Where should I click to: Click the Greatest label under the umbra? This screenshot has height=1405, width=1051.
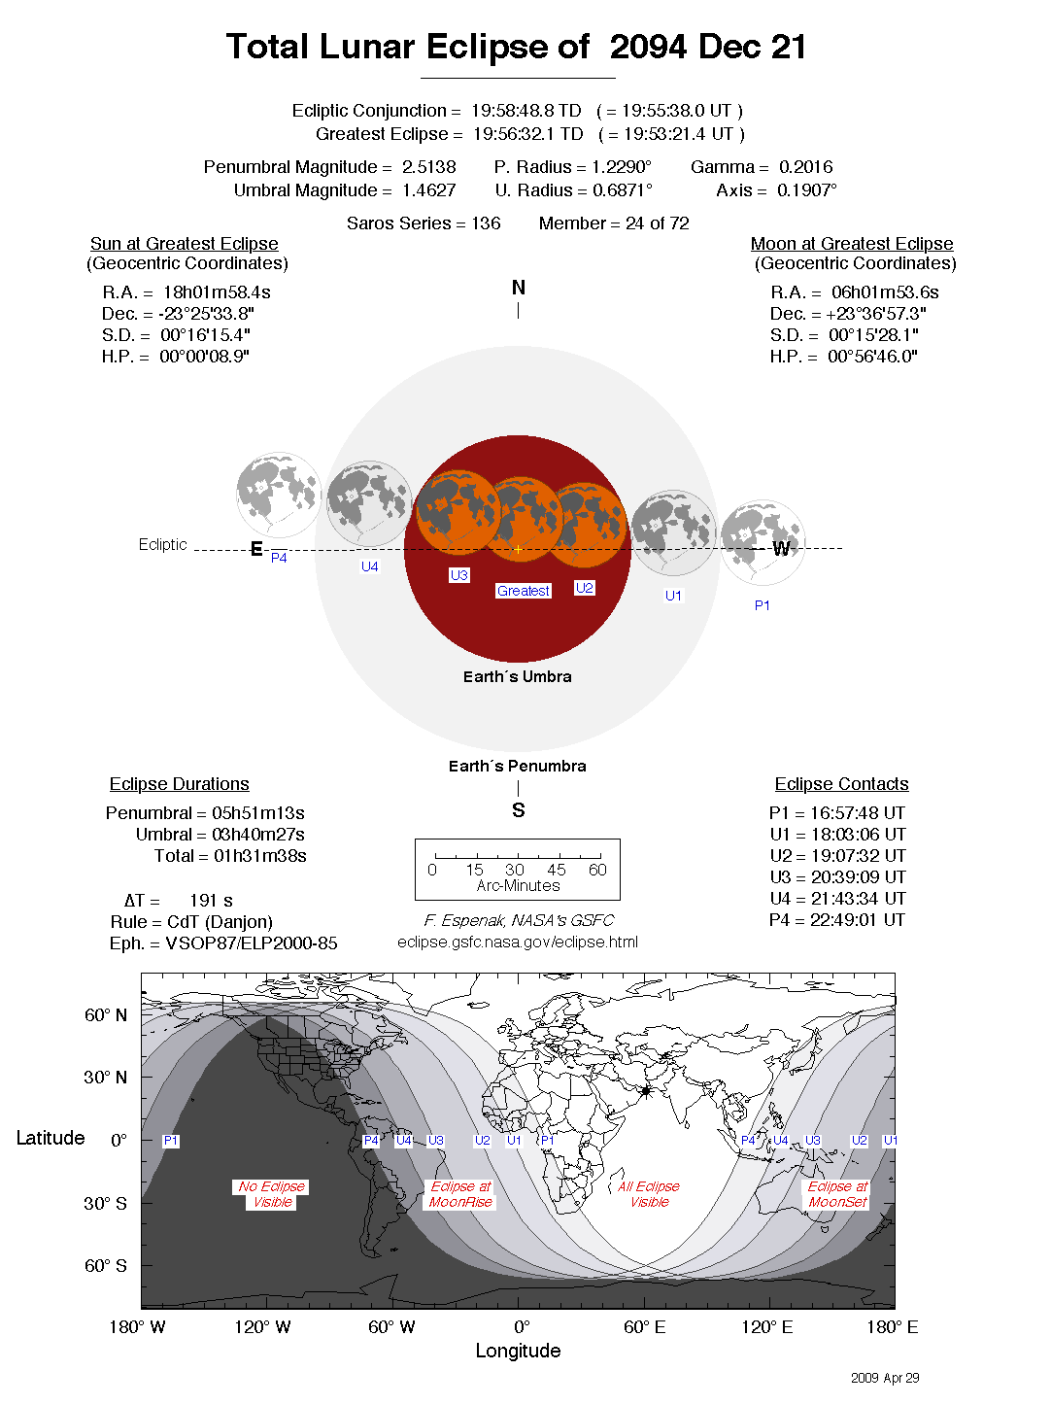524,591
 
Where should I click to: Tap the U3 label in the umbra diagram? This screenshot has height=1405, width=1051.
458,575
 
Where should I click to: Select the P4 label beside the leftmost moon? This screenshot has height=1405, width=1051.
279,558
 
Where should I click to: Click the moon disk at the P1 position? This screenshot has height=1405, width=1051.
763,541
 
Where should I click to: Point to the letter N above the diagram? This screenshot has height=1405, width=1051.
519,288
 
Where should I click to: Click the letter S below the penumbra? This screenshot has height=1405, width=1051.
519,810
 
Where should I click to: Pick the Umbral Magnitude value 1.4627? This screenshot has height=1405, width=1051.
429,190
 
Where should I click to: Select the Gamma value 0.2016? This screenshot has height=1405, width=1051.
805,167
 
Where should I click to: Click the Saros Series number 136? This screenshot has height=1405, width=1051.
486,223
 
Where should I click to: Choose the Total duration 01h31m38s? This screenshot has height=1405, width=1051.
259,856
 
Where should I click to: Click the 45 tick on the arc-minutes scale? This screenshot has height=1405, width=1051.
557,870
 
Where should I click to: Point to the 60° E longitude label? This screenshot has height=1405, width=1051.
644,1327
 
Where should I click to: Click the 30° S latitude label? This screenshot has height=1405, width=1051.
105,1203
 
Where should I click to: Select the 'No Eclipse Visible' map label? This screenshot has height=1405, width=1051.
272,1194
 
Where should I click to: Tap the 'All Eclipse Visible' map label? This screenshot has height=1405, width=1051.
649,1194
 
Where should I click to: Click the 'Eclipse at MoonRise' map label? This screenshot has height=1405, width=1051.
461,1194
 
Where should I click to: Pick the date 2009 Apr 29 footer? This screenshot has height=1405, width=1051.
885,1378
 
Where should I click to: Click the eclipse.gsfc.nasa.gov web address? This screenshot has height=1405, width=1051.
518,942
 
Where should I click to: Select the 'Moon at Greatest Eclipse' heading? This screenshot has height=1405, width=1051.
852,244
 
